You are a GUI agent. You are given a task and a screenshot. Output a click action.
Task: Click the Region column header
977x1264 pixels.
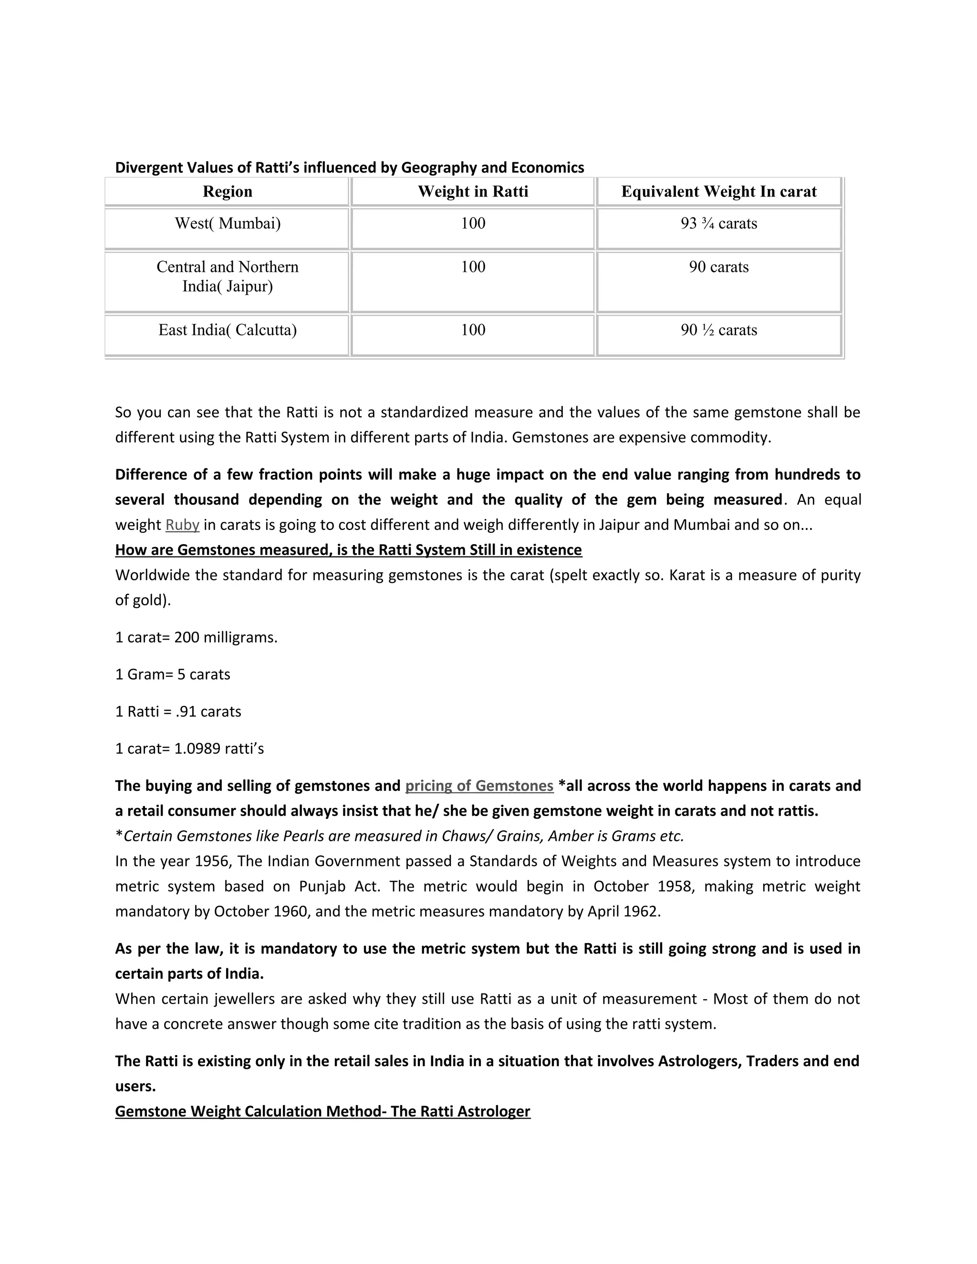[x=227, y=192]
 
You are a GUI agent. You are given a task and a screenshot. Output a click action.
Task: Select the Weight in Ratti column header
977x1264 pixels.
[x=472, y=192]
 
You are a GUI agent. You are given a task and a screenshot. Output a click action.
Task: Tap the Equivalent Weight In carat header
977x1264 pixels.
[x=718, y=192]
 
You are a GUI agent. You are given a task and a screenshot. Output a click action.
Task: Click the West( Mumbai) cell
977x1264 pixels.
[x=227, y=223]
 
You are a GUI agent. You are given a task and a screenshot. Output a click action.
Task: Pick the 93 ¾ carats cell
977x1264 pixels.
[x=718, y=223]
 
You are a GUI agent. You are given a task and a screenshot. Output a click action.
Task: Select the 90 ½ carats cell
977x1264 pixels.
[x=718, y=330]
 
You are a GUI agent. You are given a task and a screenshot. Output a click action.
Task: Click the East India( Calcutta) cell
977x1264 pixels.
[x=227, y=330]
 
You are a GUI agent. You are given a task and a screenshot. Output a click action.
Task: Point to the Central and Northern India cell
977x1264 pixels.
[x=227, y=276]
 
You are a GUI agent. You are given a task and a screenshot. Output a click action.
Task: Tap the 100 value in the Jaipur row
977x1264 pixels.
[x=472, y=267]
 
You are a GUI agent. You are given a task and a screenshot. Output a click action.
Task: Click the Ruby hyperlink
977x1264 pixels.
[x=182, y=525]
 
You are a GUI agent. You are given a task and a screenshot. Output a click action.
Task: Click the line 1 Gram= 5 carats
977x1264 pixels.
[x=173, y=674]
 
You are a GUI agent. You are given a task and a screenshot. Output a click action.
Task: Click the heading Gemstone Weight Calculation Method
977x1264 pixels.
[x=322, y=1111]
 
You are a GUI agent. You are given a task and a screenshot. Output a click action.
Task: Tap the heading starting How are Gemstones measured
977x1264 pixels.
[x=348, y=550]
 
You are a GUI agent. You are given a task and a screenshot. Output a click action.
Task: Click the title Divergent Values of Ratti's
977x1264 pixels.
[x=349, y=167]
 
